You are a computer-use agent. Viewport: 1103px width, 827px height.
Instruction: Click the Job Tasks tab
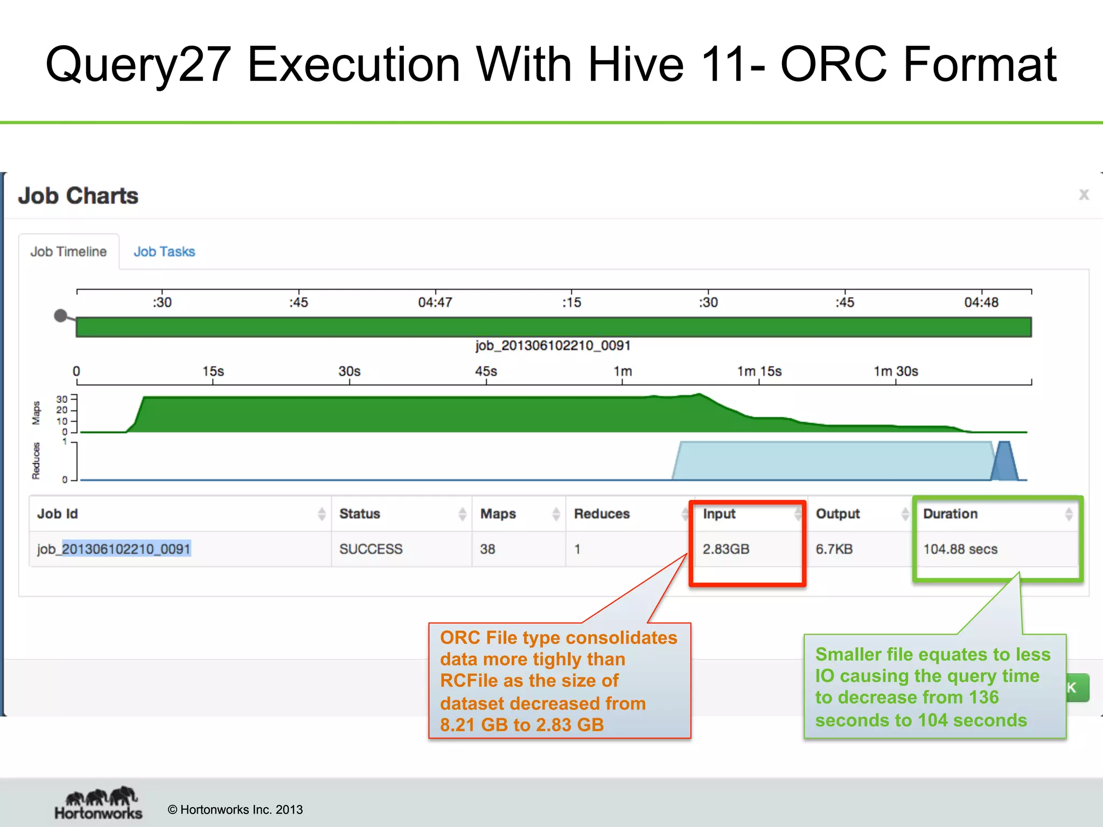coord(164,251)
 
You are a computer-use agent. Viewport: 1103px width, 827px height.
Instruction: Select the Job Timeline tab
coord(68,251)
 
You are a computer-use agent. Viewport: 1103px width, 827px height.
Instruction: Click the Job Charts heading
coord(79,195)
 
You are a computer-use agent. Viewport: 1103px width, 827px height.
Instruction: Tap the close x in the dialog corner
coord(1084,194)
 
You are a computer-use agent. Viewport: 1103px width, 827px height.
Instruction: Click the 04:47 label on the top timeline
coord(435,303)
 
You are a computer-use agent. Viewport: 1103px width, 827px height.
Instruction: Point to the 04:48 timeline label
coord(981,303)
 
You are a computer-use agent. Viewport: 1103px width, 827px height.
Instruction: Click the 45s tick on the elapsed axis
coord(486,372)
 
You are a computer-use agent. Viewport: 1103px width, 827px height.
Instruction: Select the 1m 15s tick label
coord(759,372)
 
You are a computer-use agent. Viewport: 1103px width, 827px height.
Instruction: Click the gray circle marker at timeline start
coord(61,316)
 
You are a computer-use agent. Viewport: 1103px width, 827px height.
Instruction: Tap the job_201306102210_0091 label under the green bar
coord(553,346)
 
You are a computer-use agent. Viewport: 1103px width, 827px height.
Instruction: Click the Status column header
coord(360,514)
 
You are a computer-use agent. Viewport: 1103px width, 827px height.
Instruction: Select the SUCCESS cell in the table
coord(371,549)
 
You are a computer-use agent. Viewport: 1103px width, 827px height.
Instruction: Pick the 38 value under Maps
coord(487,549)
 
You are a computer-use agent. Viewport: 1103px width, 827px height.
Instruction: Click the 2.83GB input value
coord(725,549)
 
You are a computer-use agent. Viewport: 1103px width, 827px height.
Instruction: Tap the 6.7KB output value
coord(834,549)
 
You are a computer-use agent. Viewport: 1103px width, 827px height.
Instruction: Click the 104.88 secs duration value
coord(960,549)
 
